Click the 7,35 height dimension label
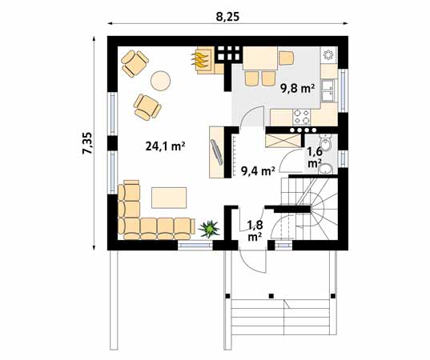[x=87, y=144]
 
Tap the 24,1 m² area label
[x=166, y=146]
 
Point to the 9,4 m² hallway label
[x=258, y=170]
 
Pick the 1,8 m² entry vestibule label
[x=255, y=230]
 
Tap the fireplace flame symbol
[x=201, y=59]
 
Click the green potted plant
[x=210, y=230]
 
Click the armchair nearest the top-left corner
[x=135, y=62]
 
